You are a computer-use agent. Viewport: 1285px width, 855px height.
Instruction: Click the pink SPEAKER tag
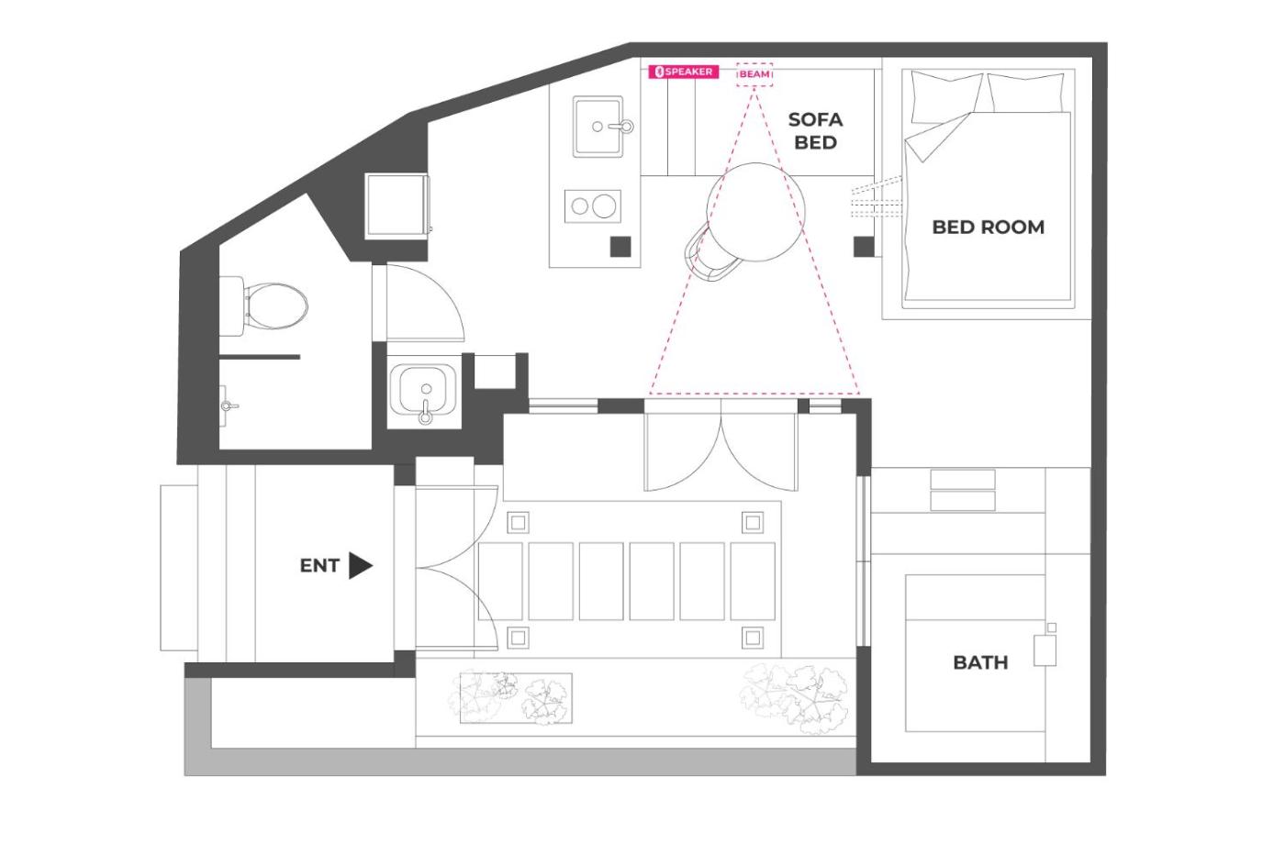[x=683, y=72]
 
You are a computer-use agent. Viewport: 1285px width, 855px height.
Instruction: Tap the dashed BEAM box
[x=754, y=74]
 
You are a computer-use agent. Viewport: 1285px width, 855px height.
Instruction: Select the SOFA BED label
[x=815, y=131]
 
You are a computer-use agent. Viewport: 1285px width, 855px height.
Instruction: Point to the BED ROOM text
[x=988, y=228]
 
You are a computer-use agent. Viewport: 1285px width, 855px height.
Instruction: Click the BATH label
[x=980, y=662]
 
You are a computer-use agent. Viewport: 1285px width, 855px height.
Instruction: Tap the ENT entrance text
[x=319, y=565]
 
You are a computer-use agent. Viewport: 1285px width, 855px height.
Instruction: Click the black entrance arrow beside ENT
[x=360, y=565]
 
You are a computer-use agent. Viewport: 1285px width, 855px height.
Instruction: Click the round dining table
[x=756, y=212]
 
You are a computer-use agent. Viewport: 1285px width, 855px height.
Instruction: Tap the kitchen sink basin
[x=598, y=127]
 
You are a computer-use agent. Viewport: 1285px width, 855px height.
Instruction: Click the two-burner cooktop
[x=593, y=205]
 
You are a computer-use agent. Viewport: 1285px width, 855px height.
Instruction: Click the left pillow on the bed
[x=945, y=97]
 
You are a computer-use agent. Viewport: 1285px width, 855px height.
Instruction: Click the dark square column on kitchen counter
[x=620, y=247]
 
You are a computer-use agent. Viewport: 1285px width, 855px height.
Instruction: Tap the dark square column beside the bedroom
[x=864, y=247]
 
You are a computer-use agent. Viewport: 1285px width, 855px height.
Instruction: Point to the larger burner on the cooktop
[x=604, y=205]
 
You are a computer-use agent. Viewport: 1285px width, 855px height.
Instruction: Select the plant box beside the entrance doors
[x=516, y=698]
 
